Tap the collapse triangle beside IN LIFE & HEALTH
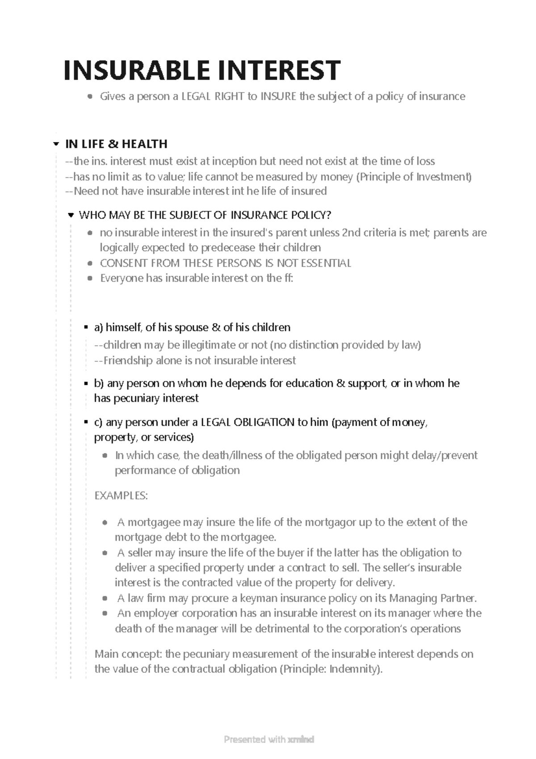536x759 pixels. [56, 144]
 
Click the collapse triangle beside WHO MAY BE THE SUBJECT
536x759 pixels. [70, 215]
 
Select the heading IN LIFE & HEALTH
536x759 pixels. [116, 144]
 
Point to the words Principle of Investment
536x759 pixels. [414, 177]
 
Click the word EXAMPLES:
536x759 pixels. [121, 496]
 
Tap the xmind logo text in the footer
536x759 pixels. [301, 739]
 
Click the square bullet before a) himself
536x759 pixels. [86, 328]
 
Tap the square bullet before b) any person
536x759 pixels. [86, 384]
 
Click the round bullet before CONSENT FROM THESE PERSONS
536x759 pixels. [90, 264]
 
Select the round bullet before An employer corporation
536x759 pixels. [105, 614]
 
